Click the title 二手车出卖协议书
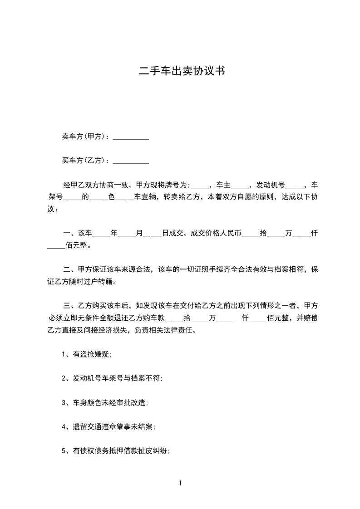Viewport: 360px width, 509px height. click(180, 71)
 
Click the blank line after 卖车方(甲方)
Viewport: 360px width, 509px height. click(131, 137)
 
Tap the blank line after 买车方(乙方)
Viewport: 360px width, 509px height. click(131, 161)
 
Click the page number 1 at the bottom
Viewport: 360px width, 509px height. click(180, 483)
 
